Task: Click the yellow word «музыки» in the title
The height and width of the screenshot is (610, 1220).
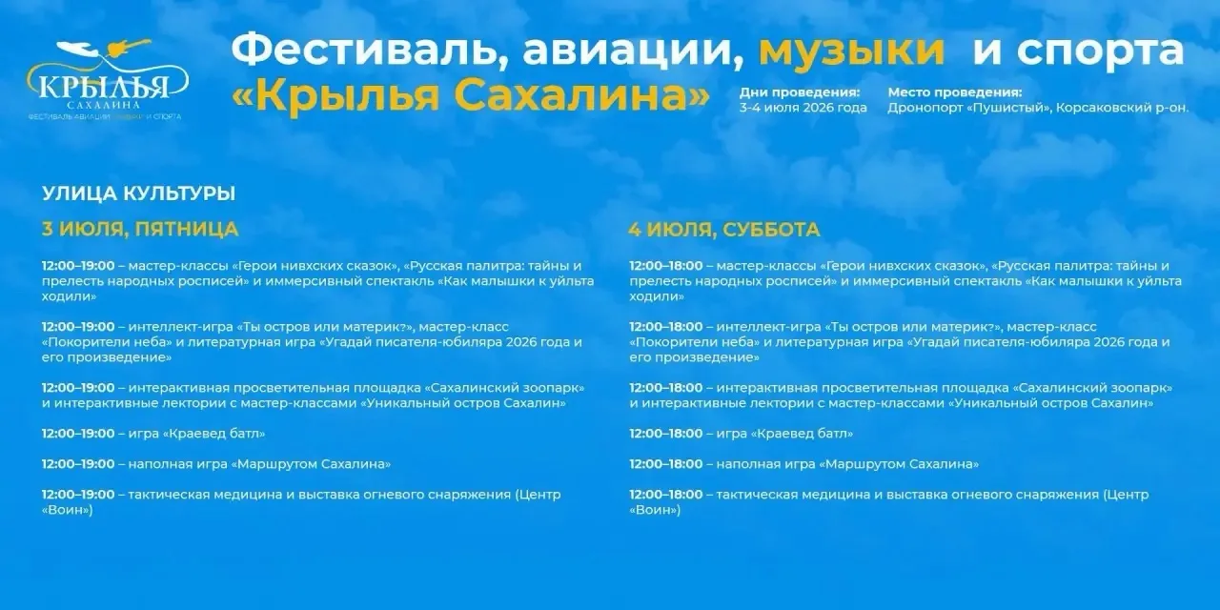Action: (851, 52)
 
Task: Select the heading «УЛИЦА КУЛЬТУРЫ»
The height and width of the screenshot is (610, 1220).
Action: (139, 193)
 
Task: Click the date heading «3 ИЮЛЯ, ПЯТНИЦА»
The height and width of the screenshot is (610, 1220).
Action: (140, 229)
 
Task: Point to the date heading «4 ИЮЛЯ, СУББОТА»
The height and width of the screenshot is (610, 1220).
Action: (724, 230)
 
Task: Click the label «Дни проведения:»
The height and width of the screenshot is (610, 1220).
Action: (800, 92)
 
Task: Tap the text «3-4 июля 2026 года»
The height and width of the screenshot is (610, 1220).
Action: (803, 108)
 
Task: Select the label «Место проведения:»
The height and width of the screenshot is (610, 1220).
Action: (955, 92)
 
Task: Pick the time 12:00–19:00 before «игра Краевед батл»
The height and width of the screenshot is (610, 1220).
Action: (78, 434)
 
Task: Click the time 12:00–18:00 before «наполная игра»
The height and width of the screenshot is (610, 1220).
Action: (666, 464)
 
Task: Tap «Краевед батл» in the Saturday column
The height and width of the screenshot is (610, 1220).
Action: (802, 434)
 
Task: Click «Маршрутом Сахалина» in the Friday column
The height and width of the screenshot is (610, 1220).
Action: (311, 464)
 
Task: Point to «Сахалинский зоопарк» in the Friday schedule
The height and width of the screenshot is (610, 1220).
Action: (504, 388)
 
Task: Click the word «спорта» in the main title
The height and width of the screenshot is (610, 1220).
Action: (1100, 52)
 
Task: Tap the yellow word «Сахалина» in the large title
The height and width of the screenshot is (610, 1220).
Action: (582, 96)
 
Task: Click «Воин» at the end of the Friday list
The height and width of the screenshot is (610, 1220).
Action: (67, 510)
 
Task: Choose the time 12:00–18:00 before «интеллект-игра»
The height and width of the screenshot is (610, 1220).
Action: (666, 327)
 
